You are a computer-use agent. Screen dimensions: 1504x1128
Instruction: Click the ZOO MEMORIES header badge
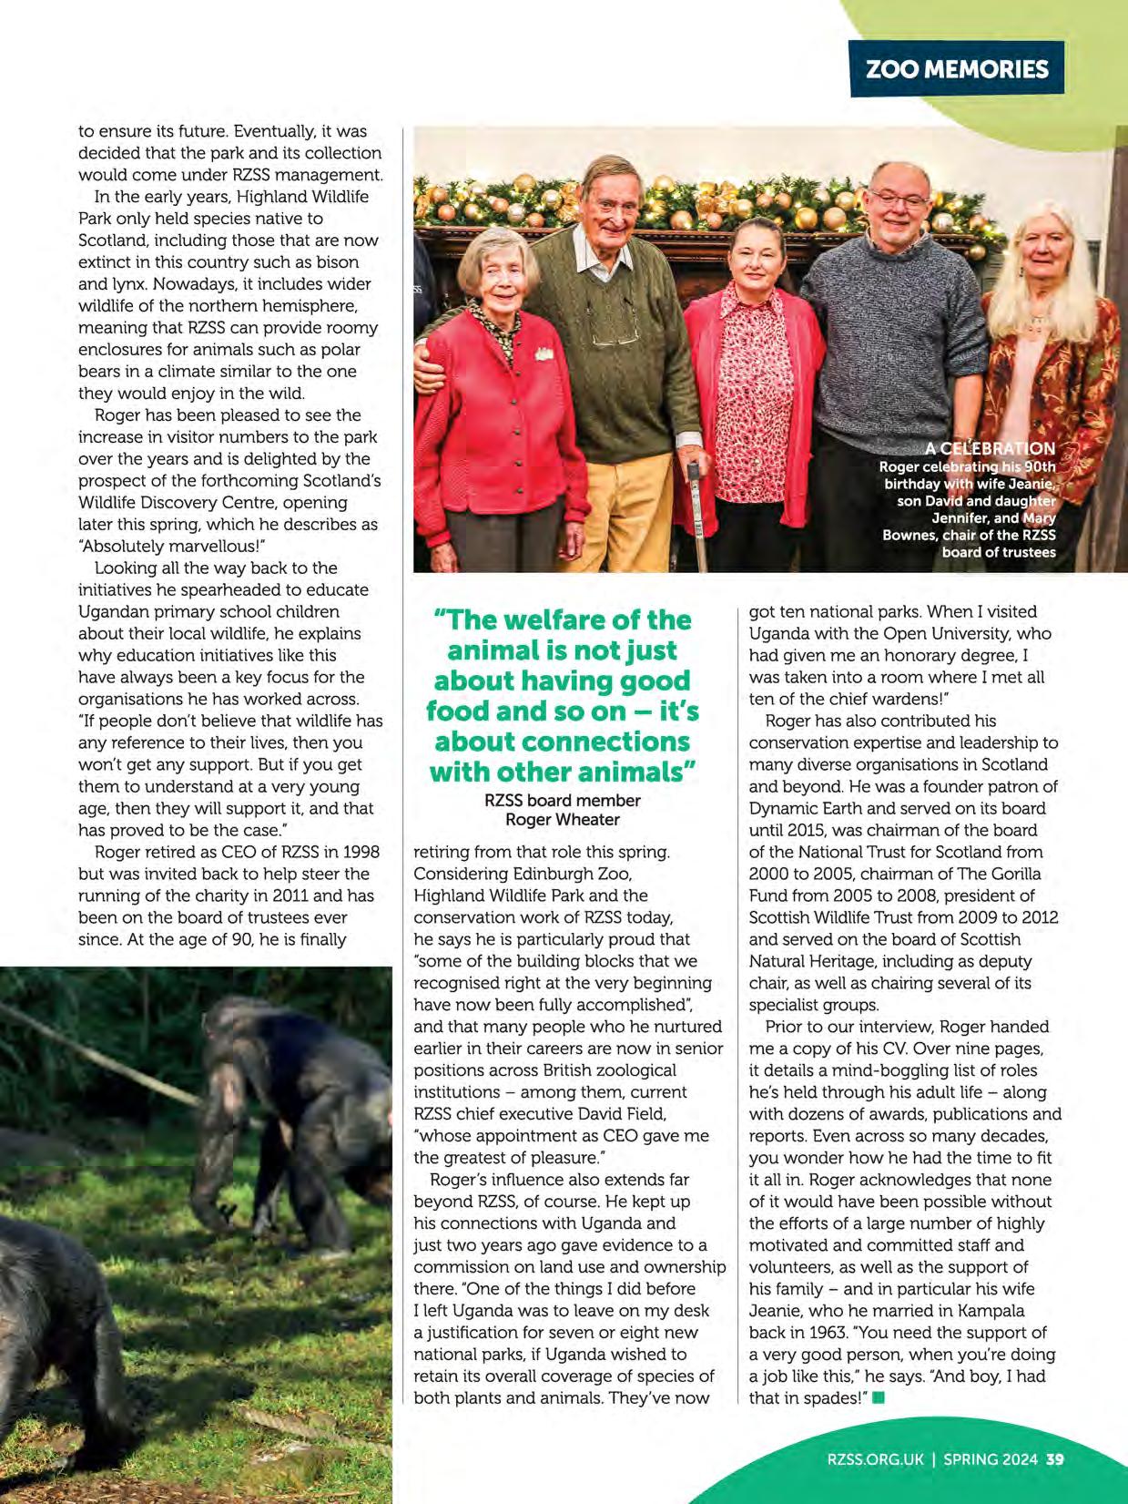[956, 68]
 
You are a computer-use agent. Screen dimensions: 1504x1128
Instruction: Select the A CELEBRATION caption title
[990, 448]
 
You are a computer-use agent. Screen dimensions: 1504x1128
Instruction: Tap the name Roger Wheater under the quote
[562, 819]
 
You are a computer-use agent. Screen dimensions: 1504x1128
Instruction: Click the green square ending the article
[879, 1397]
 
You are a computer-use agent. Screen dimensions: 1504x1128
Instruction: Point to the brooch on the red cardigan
[544, 353]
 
